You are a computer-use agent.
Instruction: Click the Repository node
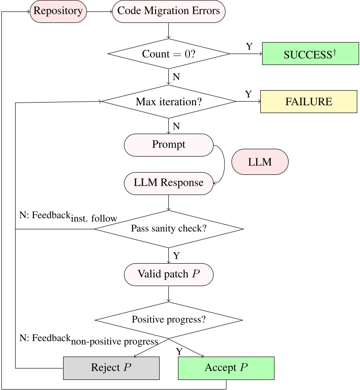coord(58,11)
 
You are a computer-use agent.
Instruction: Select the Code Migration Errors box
coord(169,11)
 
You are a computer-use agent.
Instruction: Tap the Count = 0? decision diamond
coord(169,54)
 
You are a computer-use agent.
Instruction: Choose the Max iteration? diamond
coord(169,101)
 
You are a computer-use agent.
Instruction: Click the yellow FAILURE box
coord(308,101)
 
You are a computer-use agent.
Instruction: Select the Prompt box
coord(169,145)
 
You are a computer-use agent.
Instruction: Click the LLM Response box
coord(169,183)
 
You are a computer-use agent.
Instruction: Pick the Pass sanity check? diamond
coord(169,228)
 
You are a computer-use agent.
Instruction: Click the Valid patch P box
coord(169,274)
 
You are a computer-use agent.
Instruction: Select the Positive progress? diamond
coord(169,320)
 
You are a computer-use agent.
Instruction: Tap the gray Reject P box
coord(111,368)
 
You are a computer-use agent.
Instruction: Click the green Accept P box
coord(226,368)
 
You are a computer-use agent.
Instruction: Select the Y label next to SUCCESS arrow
coord(249,46)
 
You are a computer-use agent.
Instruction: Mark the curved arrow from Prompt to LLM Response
coord(224,164)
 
